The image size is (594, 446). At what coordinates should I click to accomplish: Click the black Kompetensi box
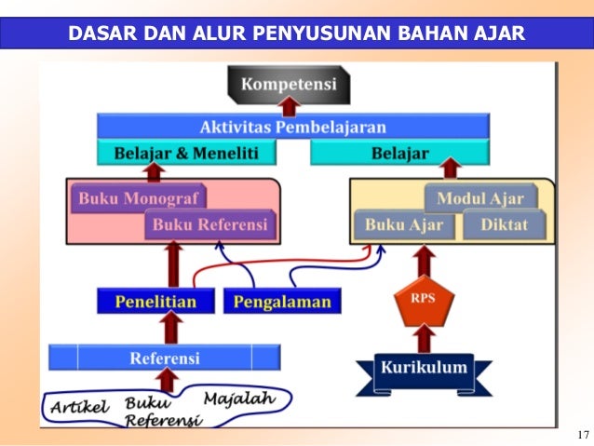coord(289,86)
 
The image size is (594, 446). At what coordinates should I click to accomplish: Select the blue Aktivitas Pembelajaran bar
coord(292,127)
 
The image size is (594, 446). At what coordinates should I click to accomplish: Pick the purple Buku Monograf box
coord(138,198)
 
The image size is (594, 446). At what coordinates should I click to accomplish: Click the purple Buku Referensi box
coord(209,224)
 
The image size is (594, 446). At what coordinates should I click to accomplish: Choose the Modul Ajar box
coord(479,198)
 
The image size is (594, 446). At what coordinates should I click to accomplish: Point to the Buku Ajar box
coord(403,225)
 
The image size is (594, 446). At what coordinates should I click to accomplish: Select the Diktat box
coord(504,225)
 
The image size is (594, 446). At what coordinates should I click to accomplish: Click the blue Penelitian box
coord(156,301)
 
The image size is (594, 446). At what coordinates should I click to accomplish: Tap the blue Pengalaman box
coord(282,301)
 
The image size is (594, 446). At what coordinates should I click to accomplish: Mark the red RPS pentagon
coord(424,300)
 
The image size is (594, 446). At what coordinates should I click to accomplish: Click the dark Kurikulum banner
coord(424,367)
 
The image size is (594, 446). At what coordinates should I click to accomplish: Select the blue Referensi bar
coord(164,357)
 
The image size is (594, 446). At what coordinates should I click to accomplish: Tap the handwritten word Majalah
coord(240,400)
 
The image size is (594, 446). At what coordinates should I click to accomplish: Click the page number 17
coord(584,435)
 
